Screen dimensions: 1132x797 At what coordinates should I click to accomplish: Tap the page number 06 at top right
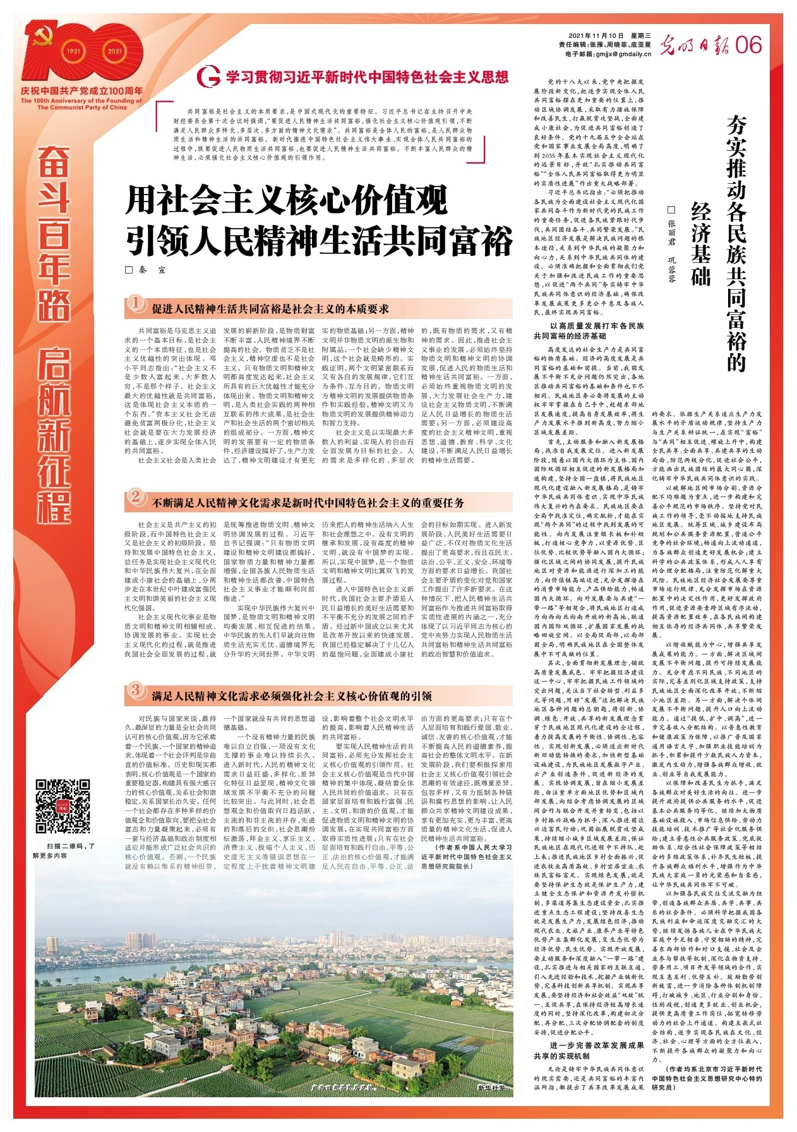pos(748,45)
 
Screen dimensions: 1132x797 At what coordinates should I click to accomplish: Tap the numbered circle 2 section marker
pos(136,498)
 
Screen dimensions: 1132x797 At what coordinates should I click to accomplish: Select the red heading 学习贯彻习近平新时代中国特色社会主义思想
pos(367,78)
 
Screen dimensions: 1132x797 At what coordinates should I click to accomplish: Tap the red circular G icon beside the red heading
pos(208,77)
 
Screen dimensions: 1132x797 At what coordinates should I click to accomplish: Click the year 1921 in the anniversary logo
pos(74,51)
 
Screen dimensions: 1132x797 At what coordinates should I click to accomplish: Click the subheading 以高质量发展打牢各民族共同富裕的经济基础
pos(589,331)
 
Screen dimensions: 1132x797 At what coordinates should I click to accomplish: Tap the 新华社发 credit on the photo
pos(491,1088)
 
